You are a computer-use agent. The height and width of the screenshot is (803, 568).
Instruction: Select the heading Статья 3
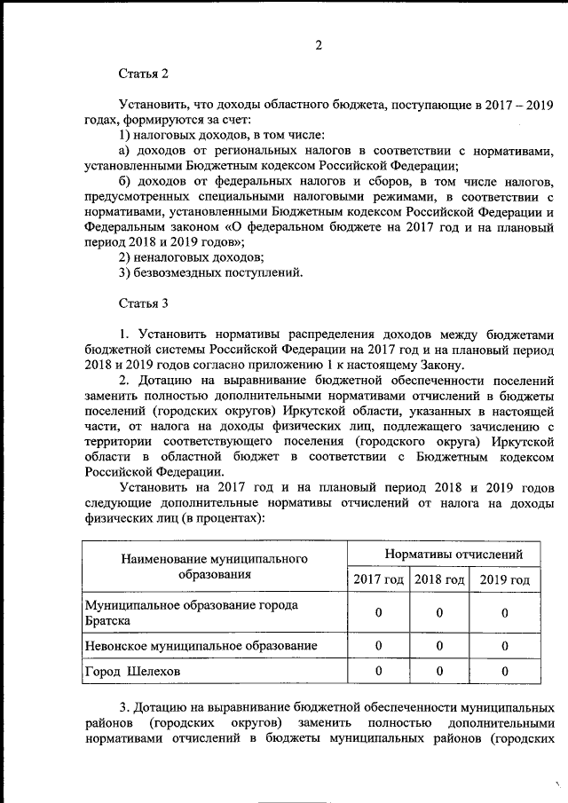(x=143, y=303)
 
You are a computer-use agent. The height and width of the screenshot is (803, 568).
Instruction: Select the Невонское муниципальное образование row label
(x=200, y=645)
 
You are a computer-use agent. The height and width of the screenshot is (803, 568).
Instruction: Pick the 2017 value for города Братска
(x=378, y=612)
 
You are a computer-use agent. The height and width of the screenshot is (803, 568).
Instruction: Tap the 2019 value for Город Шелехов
(x=504, y=672)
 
